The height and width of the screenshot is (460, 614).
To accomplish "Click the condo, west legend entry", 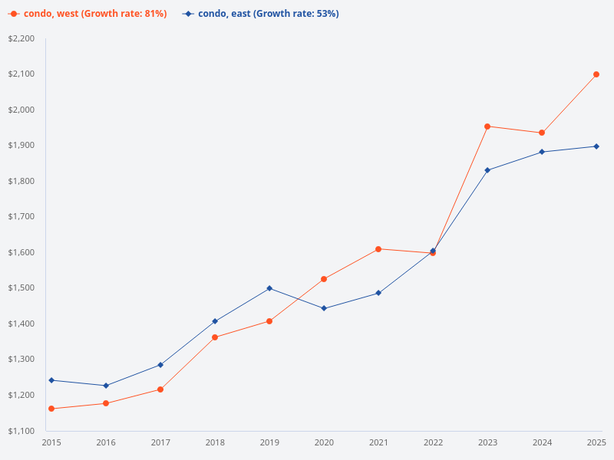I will pos(87,14).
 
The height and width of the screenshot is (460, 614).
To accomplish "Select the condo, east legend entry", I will pos(261,14).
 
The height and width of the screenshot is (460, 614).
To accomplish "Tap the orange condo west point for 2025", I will pos(596,74).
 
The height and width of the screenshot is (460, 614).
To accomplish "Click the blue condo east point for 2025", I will pos(596,146).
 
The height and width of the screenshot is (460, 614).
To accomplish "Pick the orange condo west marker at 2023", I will pos(487,127).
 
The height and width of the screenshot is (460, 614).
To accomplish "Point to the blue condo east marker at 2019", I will pos(269,288).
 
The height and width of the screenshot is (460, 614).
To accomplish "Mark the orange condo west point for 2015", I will pos(51,409).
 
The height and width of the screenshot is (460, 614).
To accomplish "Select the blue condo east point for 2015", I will pos(51,380).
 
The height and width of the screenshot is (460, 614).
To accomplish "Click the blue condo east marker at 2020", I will pos(324,308).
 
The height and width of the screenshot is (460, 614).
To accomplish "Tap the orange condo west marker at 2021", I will pos(378,249).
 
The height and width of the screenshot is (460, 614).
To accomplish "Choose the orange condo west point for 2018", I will pos(215,337).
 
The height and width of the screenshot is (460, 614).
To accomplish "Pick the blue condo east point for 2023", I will pos(487,170).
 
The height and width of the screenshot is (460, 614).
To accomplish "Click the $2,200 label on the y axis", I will pos(21,38).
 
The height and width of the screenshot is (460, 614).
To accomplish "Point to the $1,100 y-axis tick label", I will pos(21,431).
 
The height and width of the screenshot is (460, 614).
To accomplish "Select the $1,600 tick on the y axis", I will pos(21,252).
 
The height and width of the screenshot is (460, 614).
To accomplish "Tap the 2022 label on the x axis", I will pos(433,442).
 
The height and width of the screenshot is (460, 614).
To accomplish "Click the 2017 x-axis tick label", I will pos(160,442).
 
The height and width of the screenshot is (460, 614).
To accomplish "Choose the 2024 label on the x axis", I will pos(542,442).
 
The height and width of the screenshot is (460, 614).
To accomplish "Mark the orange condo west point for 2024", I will pos(542,133).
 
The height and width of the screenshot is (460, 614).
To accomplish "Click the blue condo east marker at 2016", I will pos(106,386).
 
